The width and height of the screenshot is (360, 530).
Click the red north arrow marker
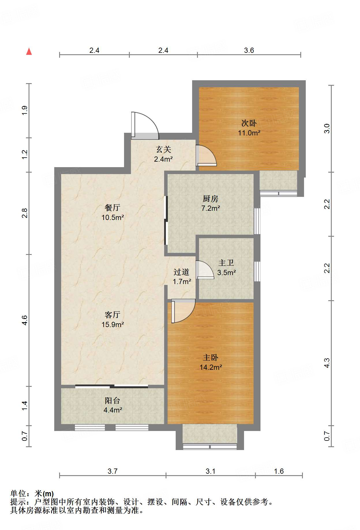pos(29,51)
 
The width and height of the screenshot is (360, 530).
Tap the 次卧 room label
pos(249,123)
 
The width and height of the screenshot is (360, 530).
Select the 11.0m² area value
pos(249,133)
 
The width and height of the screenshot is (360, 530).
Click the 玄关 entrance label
pos(164,149)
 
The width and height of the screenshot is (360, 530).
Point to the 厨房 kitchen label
pos(211,199)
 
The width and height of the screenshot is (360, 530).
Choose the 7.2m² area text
pos(211,208)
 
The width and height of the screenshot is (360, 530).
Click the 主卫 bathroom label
pos(226,263)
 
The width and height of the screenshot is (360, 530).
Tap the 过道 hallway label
pos(181,272)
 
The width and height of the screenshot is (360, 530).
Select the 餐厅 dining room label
pos(112,208)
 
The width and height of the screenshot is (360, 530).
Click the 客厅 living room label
pos(112,315)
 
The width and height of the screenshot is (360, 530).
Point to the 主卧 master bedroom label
pos(211,358)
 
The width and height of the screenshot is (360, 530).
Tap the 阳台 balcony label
pos(112,400)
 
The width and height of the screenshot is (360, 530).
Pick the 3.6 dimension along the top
pos(249,51)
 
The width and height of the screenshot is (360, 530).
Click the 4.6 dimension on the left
pos(25,320)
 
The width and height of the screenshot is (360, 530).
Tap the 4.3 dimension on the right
pos(327,363)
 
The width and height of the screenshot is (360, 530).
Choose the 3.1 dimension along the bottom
pos(211,471)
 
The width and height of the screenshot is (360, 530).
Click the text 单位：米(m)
pos(32,494)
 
